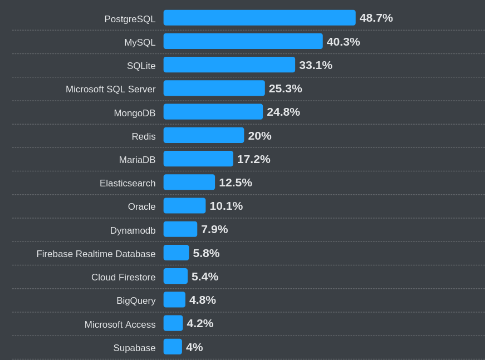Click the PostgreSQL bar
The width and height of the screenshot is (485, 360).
[259, 18]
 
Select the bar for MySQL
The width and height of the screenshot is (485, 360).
[243, 41]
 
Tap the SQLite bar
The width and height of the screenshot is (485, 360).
[229, 65]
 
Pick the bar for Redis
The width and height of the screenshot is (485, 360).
[203, 135]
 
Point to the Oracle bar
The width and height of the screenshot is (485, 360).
[184, 206]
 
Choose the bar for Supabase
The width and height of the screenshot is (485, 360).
[173, 347]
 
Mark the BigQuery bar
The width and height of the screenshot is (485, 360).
[174, 300]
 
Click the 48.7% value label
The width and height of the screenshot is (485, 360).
[376, 18]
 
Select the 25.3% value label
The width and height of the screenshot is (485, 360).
[285, 88]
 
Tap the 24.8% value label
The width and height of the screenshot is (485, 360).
[283, 112]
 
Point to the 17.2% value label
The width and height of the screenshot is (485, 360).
[253, 159]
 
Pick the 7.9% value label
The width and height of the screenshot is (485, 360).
[214, 229]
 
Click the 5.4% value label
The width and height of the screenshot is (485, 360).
[204, 277]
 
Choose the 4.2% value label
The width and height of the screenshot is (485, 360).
[200, 323]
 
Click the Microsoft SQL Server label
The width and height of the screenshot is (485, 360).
[110, 89]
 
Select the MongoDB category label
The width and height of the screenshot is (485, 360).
[134, 113]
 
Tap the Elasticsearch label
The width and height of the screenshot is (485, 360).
[128, 183]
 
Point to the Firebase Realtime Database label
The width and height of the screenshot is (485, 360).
[96, 254]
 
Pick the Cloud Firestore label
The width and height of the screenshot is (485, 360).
[123, 277]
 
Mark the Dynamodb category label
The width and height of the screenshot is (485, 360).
[133, 230]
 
